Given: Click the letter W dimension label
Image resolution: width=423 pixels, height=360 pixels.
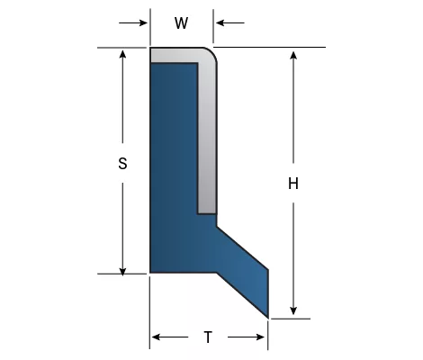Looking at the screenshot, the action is [181, 23].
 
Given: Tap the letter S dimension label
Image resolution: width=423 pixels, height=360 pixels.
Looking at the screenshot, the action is [122, 164].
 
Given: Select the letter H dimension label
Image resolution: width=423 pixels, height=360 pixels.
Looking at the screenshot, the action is [293, 184].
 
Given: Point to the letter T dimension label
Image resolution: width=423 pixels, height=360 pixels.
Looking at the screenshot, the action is [208, 337].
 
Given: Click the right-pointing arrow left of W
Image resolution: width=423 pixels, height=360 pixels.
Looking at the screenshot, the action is [133, 22].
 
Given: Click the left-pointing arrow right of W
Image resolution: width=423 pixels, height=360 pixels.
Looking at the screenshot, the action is [230, 22].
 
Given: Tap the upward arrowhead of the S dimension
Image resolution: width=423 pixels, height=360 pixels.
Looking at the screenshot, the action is [122, 54].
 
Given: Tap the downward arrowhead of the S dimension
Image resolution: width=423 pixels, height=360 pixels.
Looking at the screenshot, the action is [122, 272].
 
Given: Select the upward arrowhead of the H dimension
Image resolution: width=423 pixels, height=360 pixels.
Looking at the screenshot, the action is [293, 55].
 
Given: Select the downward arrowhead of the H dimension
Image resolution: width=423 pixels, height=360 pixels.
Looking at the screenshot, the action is [293, 311].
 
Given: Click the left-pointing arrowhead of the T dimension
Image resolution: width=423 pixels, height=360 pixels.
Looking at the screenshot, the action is [156, 337].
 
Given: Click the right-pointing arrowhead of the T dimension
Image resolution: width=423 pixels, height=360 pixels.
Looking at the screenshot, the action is [260, 337].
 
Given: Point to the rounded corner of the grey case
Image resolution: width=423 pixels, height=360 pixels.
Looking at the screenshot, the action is [211, 53].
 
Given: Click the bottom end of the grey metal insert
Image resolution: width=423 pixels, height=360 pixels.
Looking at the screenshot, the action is [207, 213].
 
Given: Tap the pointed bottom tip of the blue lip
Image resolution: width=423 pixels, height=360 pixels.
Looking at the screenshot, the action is [267, 318].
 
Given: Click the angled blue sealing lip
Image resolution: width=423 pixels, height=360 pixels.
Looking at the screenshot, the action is [243, 273].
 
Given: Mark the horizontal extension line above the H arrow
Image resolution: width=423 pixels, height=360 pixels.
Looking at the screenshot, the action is [269, 47].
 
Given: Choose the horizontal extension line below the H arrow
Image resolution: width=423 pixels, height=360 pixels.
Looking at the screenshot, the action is [290, 319].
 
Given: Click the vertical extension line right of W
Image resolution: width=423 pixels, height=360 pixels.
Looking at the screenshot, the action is [213, 26].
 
